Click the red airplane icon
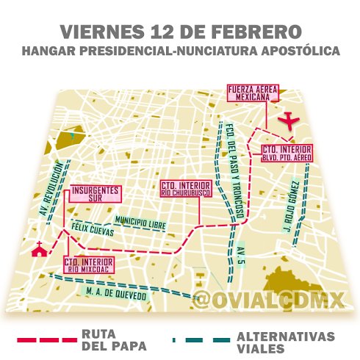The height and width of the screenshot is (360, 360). coord(293,120)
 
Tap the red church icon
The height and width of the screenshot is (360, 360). coord(37,250)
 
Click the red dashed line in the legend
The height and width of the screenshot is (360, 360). coord(46,341)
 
